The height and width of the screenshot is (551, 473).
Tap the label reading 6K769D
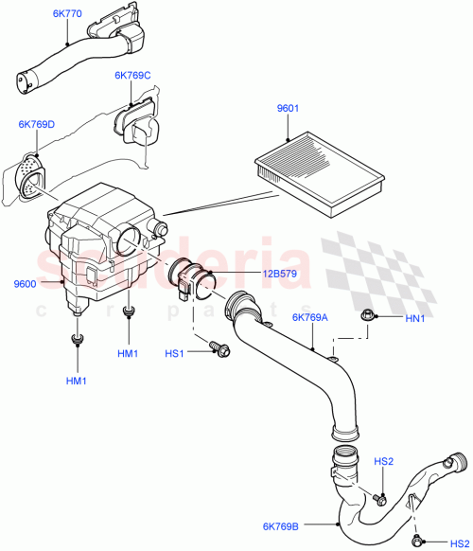click(36, 124)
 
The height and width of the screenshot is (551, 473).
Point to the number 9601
click(288, 110)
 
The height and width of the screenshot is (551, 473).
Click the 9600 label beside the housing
click(26, 283)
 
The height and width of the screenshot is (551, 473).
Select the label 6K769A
click(310, 318)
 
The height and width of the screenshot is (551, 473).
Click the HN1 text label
click(415, 318)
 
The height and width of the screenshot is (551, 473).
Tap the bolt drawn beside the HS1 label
click(220, 350)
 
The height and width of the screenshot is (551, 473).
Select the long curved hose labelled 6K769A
click(303, 369)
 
